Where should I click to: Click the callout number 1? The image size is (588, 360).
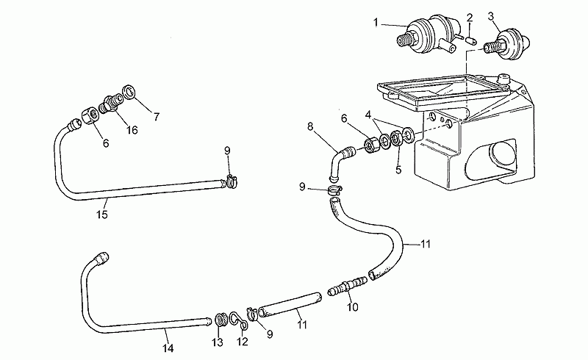coord(376,23)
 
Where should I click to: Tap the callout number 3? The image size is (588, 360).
coord(491,16)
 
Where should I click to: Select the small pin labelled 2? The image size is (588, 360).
coord(472,40)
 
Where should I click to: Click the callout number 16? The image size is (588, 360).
coord(132,130)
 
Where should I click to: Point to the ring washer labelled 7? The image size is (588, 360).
coord(129,92)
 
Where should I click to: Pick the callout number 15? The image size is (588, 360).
coord(102,214)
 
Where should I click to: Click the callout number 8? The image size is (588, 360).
coord(310,127)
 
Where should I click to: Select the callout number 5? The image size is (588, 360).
coord(398,170)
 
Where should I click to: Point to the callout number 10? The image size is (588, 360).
coord(353,307)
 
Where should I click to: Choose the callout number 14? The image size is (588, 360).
coord(168,348)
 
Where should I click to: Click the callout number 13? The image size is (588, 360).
coord(218,342)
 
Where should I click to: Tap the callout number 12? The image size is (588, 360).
coord(243,341)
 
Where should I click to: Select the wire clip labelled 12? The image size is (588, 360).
coord(238,320)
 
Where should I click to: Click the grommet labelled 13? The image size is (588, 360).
coord(220,320)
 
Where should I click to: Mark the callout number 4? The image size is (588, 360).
coord(369,115)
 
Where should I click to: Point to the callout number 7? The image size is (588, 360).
coord(157,117)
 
